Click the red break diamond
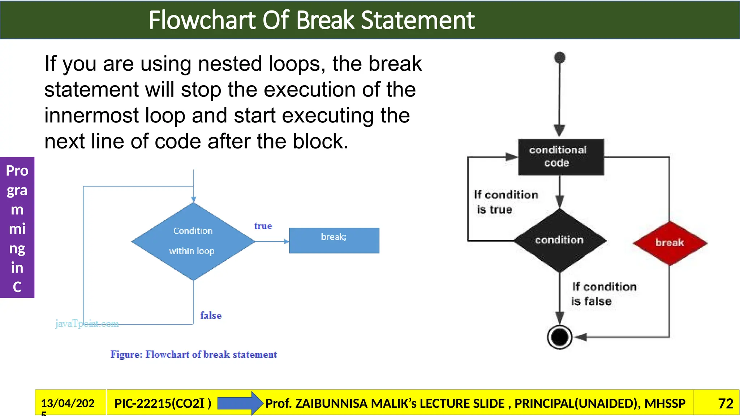coord(670,243)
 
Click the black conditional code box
coord(561,157)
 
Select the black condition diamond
coord(560,240)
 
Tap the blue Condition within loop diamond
coord(193,241)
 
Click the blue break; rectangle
coord(334,240)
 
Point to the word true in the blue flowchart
coord(263,226)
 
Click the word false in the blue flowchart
coord(211,315)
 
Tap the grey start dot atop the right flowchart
coord(560,57)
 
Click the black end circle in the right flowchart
coord(559,337)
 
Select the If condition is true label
coord(505,202)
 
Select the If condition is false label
coord(603,294)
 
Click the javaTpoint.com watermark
coord(87,323)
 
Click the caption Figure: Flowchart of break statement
coord(194,354)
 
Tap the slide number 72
coord(726,403)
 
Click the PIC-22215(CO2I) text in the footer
coord(163,403)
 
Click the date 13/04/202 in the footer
coord(68,403)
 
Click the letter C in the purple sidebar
coord(17,287)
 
